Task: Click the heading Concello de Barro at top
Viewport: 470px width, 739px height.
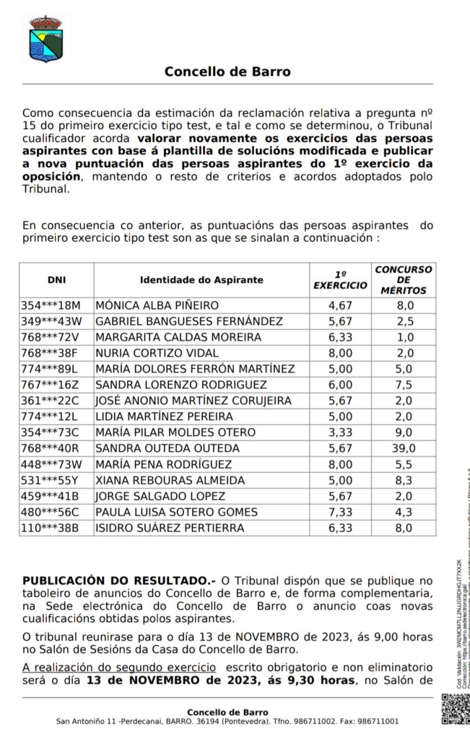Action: [x=227, y=71]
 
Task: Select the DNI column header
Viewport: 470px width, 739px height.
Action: [x=56, y=280]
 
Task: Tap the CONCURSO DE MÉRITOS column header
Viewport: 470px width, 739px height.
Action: [x=404, y=280]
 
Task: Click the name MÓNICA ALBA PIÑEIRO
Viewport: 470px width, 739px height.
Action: [x=157, y=305]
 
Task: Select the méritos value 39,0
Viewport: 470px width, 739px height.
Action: [x=404, y=448]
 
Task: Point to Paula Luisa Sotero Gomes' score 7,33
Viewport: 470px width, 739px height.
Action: [x=340, y=512]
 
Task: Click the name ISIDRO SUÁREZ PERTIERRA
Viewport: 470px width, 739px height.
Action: [x=170, y=528]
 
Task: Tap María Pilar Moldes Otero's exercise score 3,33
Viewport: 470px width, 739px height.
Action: [x=340, y=432]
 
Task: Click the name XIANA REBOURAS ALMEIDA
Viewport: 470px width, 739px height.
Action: [x=170, y=480]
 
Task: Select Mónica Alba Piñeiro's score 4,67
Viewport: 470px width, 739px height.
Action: [x=340, y=305]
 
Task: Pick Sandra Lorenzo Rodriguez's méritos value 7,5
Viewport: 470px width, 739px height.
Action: [x=404, y=385]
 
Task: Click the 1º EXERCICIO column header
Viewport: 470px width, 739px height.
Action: [x=340, y=280]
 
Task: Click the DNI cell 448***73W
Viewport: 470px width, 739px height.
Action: [x=51, y=464]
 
